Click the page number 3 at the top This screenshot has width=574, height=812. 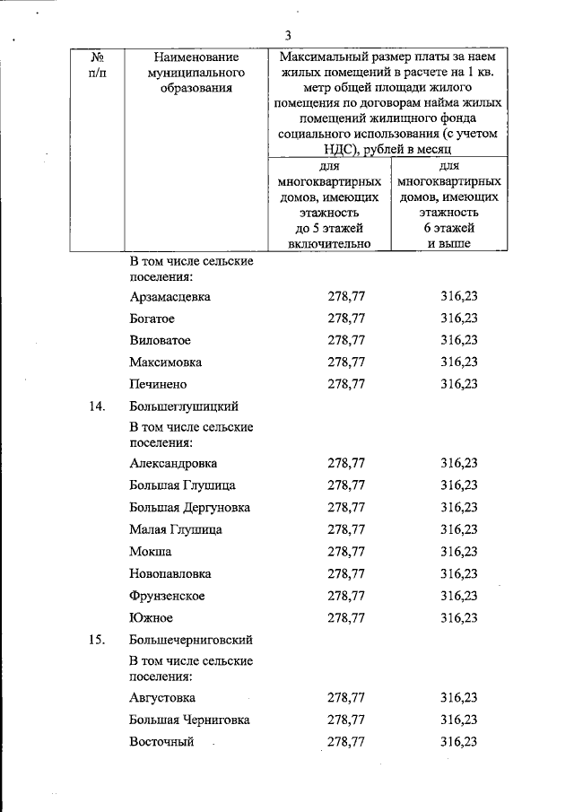click(x=288, y=35)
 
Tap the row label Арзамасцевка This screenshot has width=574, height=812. click(x=170, y=297)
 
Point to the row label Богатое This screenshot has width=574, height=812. click(x=152, y=319)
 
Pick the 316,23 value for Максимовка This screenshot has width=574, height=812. click(x=459, y=362)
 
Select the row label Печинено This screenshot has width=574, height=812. click(x=158, y=384)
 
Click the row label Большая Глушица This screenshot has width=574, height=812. click(x=183, y=485)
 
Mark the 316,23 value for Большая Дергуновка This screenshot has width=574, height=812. click(x=459, y=507)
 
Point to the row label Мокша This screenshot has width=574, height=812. click(x=151, y=551)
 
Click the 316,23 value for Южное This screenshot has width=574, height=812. click(x=459, y=617)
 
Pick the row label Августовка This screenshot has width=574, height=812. click(x=163, y=697)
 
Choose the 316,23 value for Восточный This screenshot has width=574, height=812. click(x=459, y=741)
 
